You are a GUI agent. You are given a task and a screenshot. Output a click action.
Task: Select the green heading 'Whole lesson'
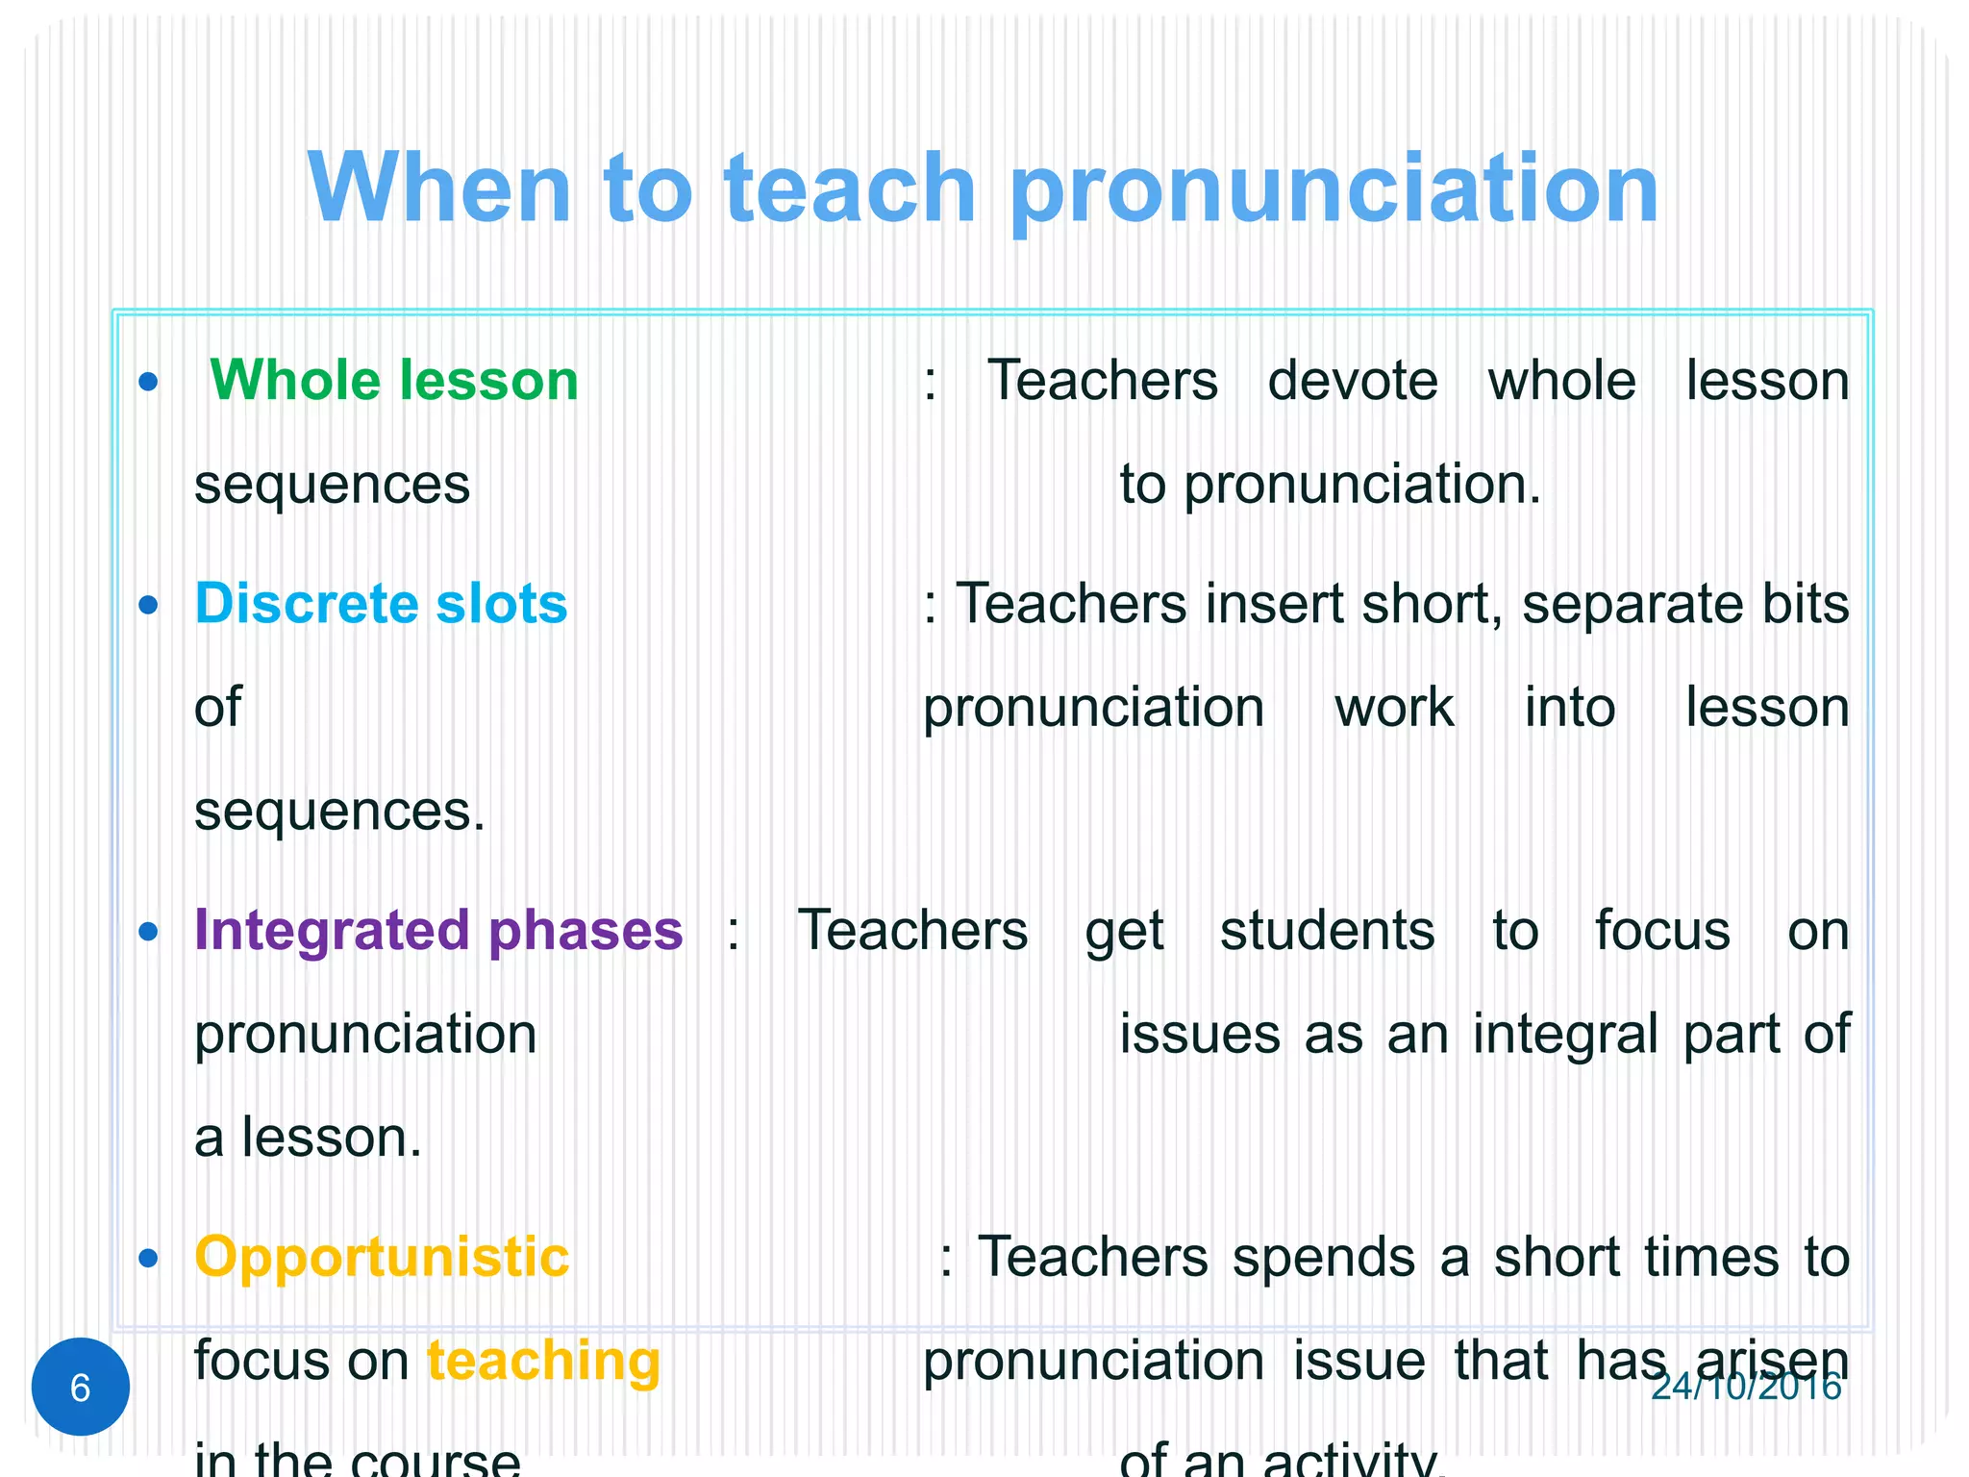[x=394, y=380]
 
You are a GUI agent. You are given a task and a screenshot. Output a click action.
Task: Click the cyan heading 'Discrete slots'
[x=381, y=603]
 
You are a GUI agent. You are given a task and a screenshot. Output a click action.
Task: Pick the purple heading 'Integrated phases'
[x=438, y=930]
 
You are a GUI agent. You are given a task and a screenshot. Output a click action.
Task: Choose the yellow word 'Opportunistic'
[x=382, y=1257]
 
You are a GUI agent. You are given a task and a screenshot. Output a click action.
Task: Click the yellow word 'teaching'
[x=543, y=1361]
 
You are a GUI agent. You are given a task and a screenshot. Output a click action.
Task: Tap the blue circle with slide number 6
[x=81, y=1387]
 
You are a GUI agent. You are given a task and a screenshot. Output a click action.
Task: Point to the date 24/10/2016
[x=1745, y=1387]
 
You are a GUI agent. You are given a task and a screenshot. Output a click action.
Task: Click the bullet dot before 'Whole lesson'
[x=148, y=383]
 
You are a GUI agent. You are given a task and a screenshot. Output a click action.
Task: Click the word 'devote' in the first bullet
[x=1353, y=380]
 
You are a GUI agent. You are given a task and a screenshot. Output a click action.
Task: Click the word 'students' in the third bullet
[x=1328, y=931]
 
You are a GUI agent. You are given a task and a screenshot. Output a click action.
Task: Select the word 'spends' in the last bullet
[x=1324, y=1259]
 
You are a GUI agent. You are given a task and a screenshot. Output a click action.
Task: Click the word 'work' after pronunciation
[x=1394, y=708]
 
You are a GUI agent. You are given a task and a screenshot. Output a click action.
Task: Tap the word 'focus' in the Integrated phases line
[x=1662, y=930]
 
